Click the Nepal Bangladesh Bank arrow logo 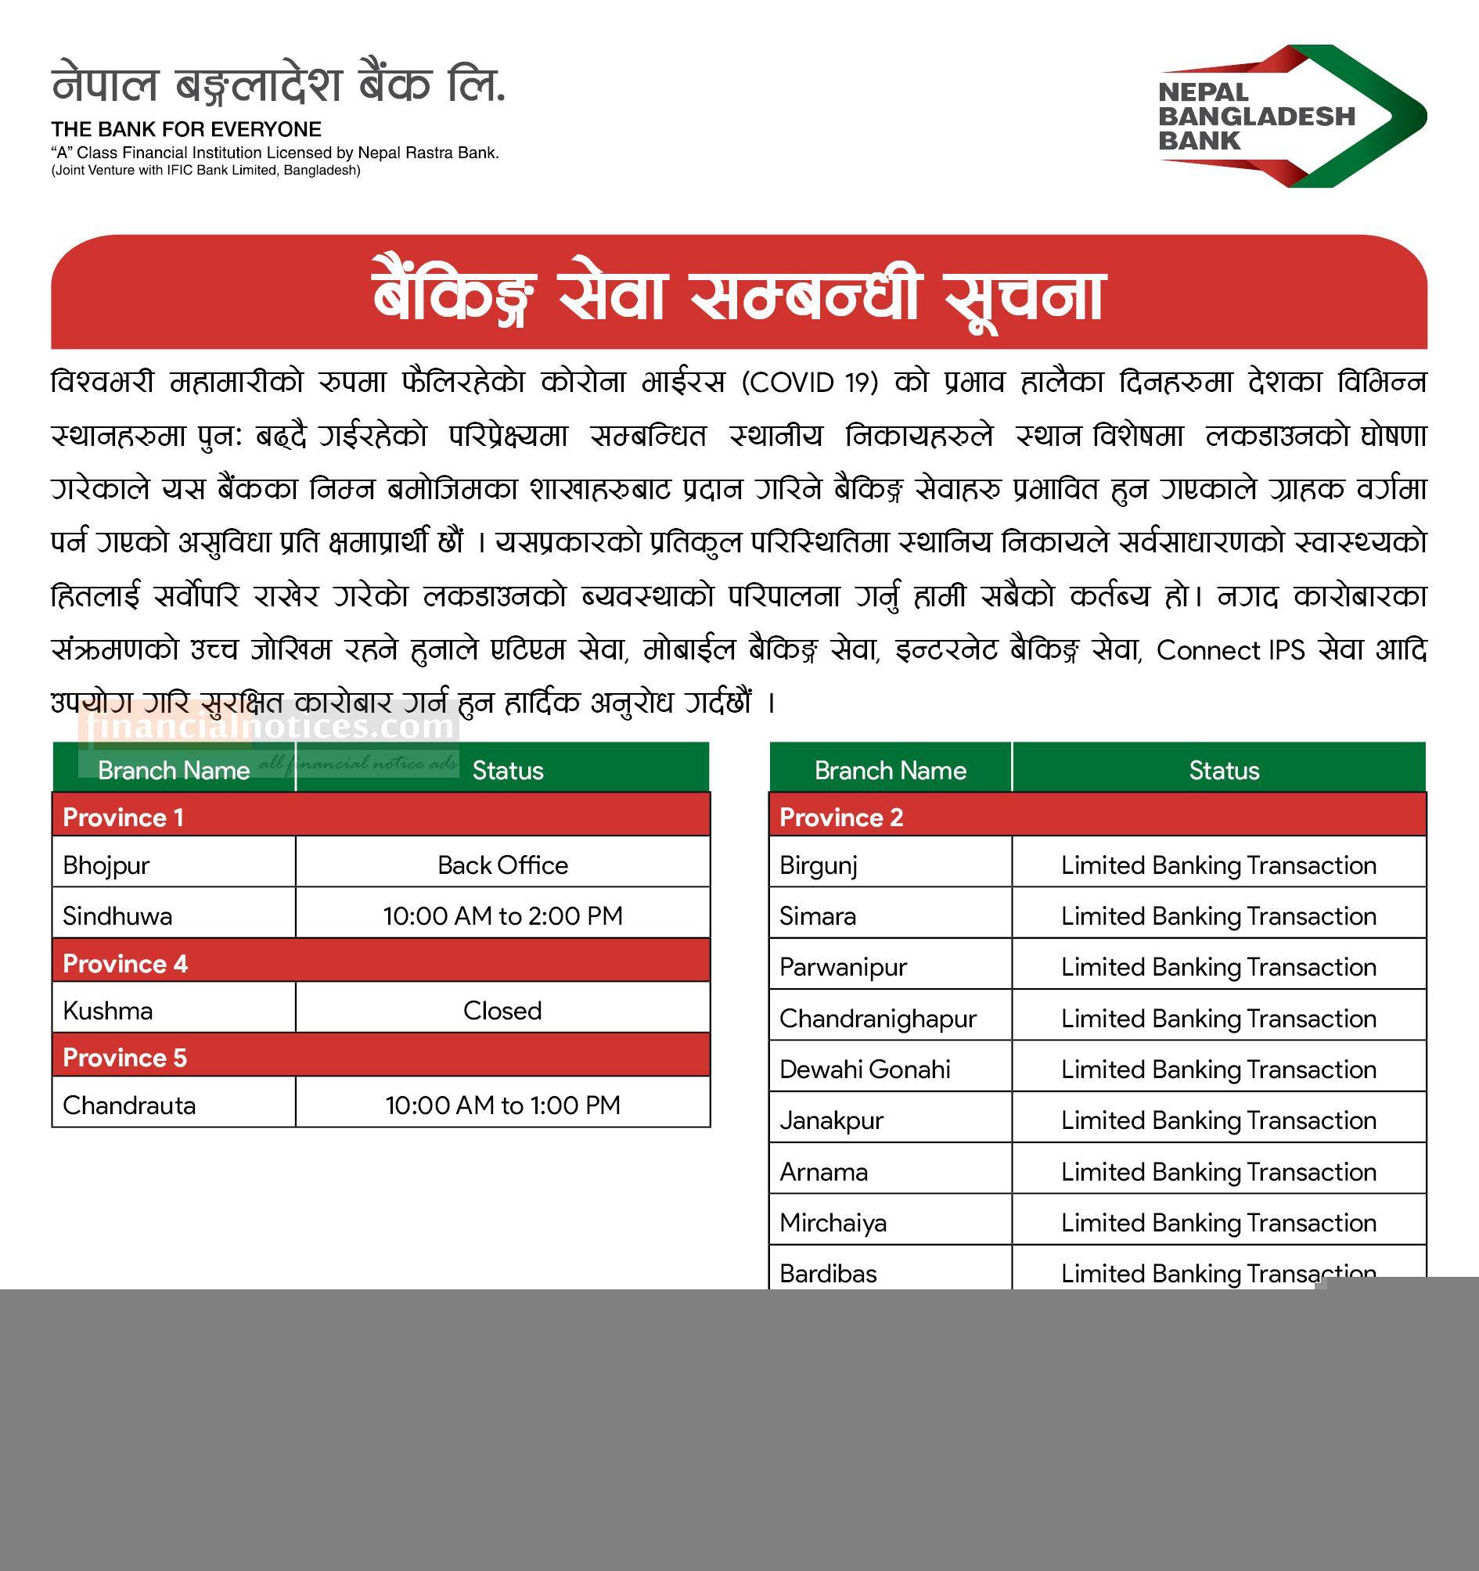pos(1292,115)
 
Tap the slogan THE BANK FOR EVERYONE pos(186,130)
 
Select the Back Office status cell pos(502,865)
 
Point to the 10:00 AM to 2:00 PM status pos(502,916)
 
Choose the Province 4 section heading pos(125,963)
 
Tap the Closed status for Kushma pos(502,1011)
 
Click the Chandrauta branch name pos(129,1105)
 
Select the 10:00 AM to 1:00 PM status pos(502,1105)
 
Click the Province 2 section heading pos(841,817)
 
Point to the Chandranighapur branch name pos(877,1019)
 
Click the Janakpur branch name pos(831,1120)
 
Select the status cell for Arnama pos(1218,1172)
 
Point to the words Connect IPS pos(1230,650)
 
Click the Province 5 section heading pos(125,1057)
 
